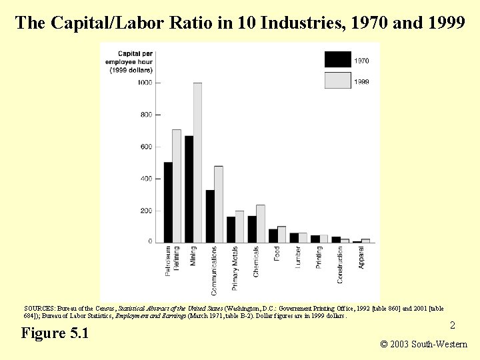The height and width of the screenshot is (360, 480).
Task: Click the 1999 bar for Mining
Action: pos(197,163)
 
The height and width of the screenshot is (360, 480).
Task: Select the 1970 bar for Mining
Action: pos(189,189)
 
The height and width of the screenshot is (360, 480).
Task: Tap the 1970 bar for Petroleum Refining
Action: pos(168,202)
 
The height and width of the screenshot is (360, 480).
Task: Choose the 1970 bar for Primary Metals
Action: pos(231,229)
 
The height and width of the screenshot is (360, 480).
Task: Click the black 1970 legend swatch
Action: pos(337,60)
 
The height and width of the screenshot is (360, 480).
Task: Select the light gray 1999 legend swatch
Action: pos(337,81)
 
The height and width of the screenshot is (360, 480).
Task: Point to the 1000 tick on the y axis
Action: pos(145,83)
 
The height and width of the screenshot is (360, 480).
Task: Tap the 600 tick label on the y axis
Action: pos(145,147)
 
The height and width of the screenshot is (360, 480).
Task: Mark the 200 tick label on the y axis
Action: pos(145,211)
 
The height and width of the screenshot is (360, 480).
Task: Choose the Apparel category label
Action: pos(361,258)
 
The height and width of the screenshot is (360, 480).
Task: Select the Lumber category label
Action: pos(298,257)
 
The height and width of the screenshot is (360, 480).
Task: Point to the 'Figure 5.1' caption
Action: pos(55,333)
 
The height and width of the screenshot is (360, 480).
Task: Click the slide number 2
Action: pos(452,325)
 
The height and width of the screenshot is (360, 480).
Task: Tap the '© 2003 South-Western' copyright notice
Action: pos(423,345)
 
